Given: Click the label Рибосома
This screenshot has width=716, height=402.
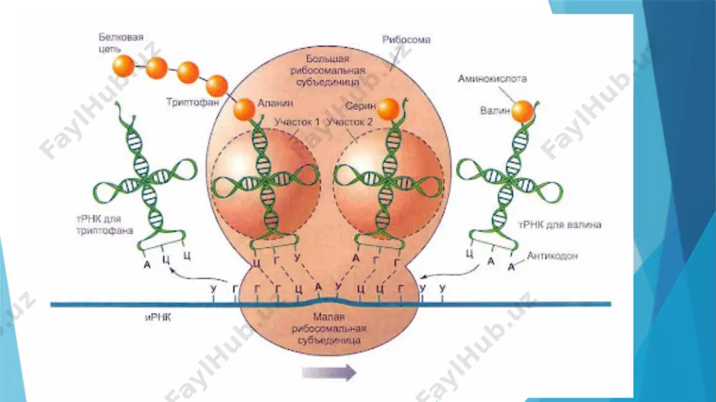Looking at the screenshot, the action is pos(406,39).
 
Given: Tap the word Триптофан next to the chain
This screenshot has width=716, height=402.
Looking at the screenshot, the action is pos(192,102).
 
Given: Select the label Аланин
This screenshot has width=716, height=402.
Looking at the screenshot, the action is pos(276,103).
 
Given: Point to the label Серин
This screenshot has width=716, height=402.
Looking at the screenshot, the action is pos(360,106).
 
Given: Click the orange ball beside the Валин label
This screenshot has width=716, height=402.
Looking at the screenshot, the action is pos(522,112).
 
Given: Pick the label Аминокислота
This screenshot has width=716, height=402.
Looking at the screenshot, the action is pos(493,79).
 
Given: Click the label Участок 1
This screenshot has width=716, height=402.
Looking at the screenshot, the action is pos(297,122).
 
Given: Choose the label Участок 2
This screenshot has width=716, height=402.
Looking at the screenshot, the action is pos(350,122).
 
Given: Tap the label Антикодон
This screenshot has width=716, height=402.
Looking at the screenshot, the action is pos(552,255).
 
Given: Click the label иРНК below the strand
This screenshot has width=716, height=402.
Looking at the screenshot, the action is pos(158,317).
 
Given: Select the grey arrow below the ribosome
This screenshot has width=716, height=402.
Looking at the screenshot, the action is pos(329,373).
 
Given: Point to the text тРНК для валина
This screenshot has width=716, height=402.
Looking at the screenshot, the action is pos(560,225).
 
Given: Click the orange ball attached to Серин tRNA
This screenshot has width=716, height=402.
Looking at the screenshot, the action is pos(388,109).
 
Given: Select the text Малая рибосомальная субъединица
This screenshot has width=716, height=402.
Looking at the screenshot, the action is pos(329,328).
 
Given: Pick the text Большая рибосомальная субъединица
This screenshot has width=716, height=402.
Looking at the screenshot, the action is pos(328,70).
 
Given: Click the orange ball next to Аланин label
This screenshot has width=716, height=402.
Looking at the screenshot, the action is pos(244,109).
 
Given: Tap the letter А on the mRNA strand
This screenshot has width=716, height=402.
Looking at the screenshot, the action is pos(319,287).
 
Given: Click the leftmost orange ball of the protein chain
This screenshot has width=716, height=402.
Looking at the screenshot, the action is pos(124,66).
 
